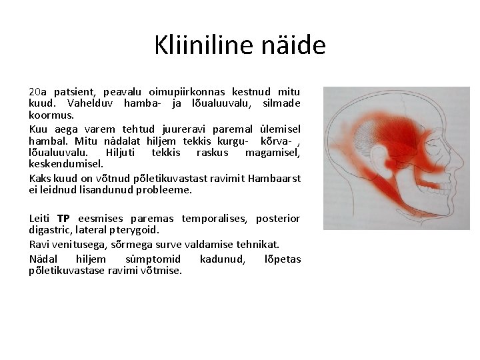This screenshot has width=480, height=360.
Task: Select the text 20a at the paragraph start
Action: [37, 91]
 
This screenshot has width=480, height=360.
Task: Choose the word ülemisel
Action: [280, 129]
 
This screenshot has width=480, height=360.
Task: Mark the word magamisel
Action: [273, 153]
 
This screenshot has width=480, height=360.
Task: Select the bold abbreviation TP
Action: [63, 219]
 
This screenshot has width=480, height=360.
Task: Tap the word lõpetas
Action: [283, 259]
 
